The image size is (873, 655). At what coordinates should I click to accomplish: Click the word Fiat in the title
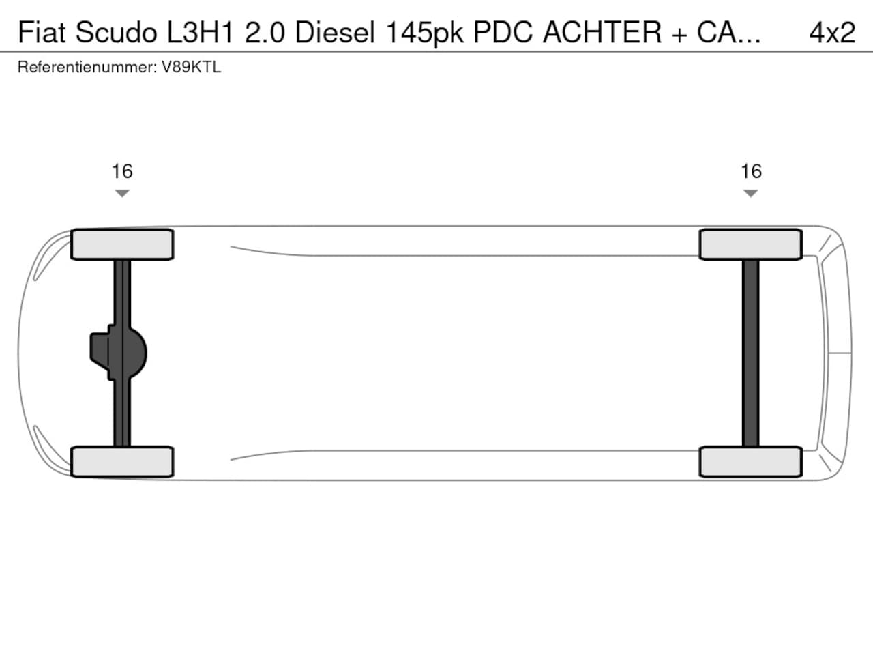coord(42,32)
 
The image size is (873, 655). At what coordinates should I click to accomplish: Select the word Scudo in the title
coord(116,32)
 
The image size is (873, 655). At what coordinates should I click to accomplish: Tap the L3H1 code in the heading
coord(200,32)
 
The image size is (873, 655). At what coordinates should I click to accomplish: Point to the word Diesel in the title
coord(335,32)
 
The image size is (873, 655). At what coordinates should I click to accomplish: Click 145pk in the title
coord(424,33)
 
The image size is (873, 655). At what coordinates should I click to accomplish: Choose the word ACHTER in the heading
coord(602,32)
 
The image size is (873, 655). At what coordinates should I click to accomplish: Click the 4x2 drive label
coord(833,32)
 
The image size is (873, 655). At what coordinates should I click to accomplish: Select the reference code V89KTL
coord(191,67)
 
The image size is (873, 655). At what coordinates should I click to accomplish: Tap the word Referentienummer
coord(87,67)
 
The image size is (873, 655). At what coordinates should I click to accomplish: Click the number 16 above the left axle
coord(122,171)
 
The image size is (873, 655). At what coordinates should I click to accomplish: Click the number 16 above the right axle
coord(751,171)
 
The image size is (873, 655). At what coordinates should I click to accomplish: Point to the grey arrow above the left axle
coord(122,193)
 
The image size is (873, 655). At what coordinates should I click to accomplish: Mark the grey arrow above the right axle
coord(750,193)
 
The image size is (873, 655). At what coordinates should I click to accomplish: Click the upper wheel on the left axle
coord(122,244)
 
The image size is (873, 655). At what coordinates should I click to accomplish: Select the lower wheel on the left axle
coord(122,462)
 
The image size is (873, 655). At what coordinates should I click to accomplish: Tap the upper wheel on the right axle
coord(751,244)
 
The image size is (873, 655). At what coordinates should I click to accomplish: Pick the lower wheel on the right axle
coord(751,462)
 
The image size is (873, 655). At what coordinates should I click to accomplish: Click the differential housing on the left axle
coord(119,353)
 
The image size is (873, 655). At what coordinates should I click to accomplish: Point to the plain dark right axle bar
coord(750,353)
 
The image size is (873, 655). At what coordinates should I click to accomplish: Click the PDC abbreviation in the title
coord(503,32)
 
